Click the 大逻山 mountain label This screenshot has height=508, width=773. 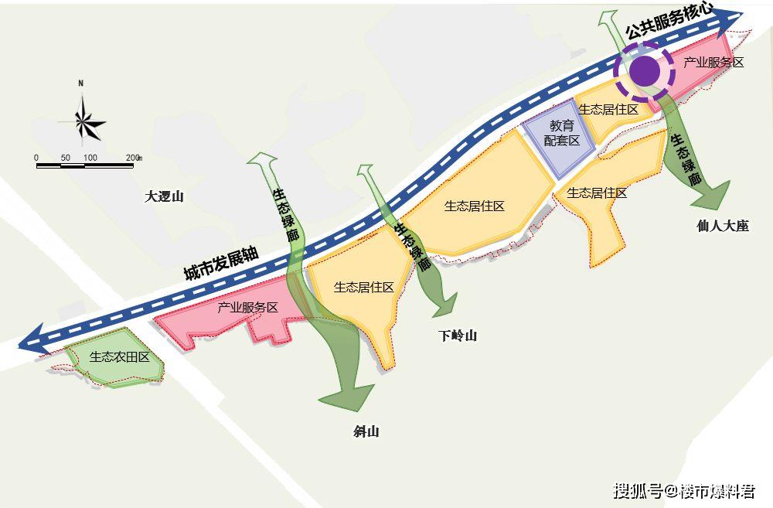[x=165, y=196]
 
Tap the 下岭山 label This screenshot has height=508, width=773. [x=458, y=336]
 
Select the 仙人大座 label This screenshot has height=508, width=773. [x=723, y=227]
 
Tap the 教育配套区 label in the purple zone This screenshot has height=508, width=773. [x=562, y=133]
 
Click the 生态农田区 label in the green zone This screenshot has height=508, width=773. [x=119, y=357]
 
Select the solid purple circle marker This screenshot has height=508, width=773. [x=644, y=73]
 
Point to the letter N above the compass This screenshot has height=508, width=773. [x=80, y=84]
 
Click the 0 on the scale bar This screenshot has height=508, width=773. [x=36, y=158]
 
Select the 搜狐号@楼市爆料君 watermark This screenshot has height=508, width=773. [x=684, y=491]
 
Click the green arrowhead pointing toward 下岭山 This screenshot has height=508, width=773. [x=444, y=305]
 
